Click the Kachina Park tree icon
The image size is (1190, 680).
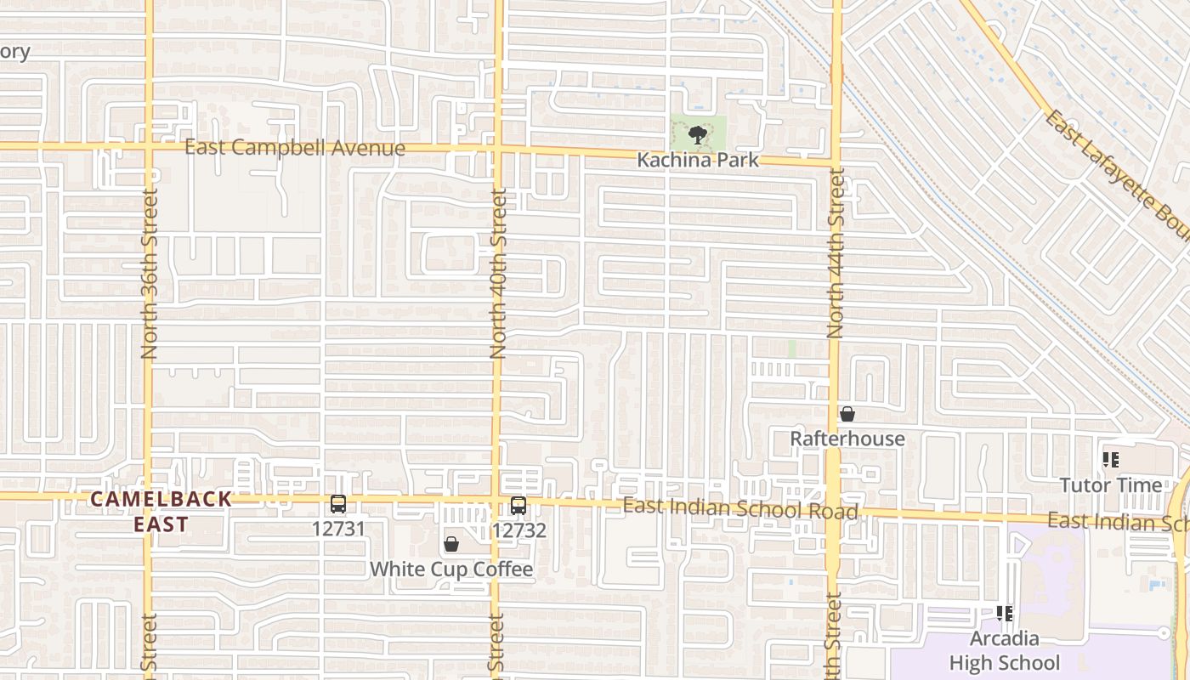(x=698, y=134)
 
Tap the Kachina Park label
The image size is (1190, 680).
(x=698, y=160)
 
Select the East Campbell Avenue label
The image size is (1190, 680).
(x=295, y=148)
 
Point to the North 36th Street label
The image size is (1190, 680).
(x=150, y=274)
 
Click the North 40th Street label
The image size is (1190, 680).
(x=498, y=274)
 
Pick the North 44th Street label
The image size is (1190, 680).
(x=836, y=253)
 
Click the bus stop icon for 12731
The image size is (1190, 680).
(x=338, y=504)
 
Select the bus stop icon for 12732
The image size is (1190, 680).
(x=518, y=506)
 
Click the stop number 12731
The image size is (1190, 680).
(x=338, y=529)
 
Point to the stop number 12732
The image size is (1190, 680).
(x=518, y=530)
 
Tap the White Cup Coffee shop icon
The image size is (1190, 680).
(x=451, y=544)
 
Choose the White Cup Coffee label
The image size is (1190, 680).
(x=451, y=569)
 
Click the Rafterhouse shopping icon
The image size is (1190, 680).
(x=847, y=414)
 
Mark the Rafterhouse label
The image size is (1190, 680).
(x=847, y=439)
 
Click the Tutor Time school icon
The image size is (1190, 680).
(x=1110, y=460)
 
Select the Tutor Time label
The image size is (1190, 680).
(x=1110, y=485)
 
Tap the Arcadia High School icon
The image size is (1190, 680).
(x=1005, y=613)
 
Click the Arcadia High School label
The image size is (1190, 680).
(x=1005, y=650)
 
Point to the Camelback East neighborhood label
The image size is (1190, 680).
(x=161, y=512)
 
